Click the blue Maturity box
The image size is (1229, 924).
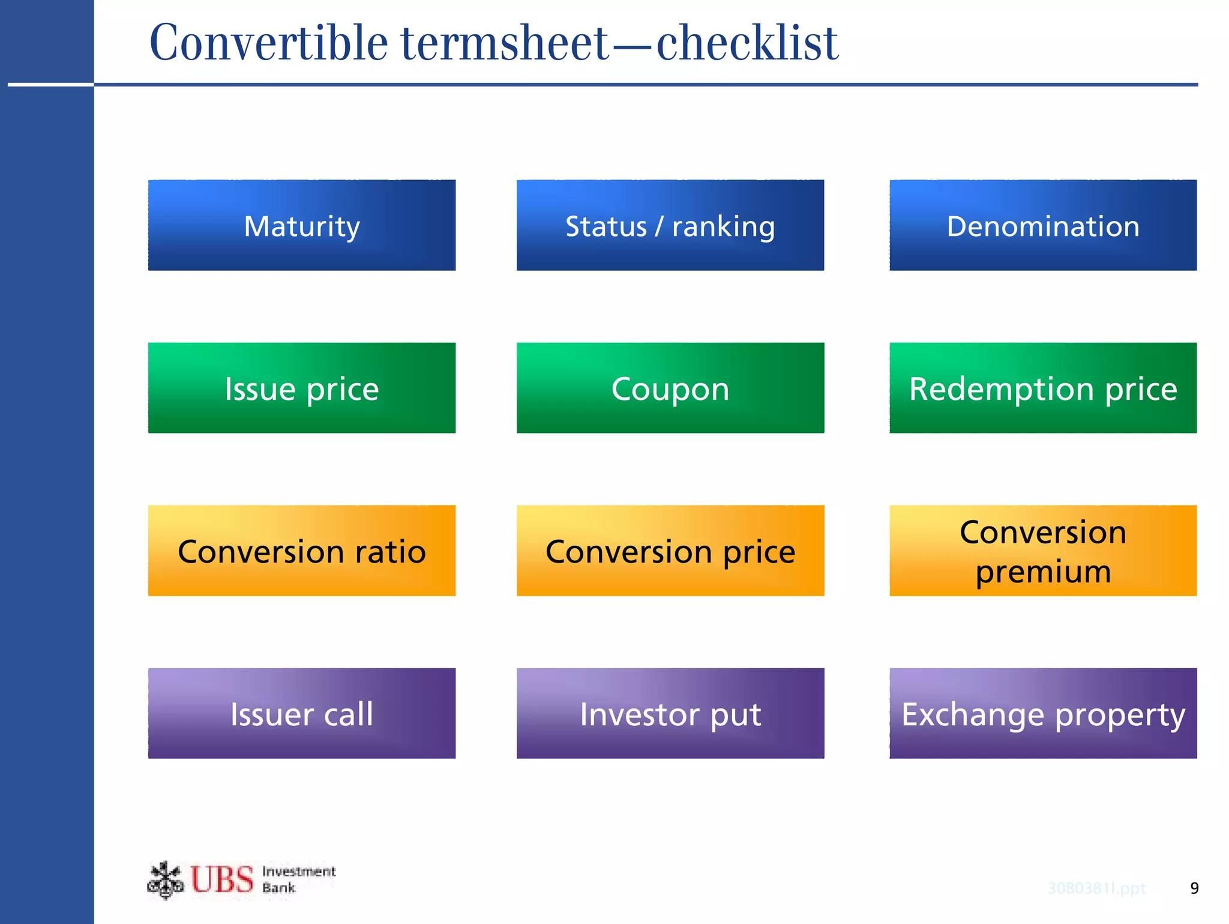click(301, 225)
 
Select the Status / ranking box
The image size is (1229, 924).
click(670, 225)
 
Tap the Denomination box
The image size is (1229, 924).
click(1042, 225)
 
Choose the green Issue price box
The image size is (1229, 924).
click(301, 388)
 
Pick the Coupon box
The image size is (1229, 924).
click(670, 388)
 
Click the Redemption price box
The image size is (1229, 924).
click(1042, 388)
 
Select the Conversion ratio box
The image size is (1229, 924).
click(301, 551)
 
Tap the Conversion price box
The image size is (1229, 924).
click(670, 551)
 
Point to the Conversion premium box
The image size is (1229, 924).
click(1042, 551)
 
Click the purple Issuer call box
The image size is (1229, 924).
click(301, 713)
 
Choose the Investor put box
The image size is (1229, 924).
click(670, 713)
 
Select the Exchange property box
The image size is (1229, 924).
click(1042, 713)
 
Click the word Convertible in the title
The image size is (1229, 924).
click(268, 43)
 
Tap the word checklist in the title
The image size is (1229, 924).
click(747, 43)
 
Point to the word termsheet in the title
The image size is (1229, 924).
click(505, 43)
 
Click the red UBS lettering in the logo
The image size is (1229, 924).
click(222, 880)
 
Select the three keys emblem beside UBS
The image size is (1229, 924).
click(165, 880)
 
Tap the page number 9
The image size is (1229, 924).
click(1194, 888)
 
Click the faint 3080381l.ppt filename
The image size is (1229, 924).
click(1096, 888)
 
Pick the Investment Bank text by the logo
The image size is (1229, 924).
click(298, 880)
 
